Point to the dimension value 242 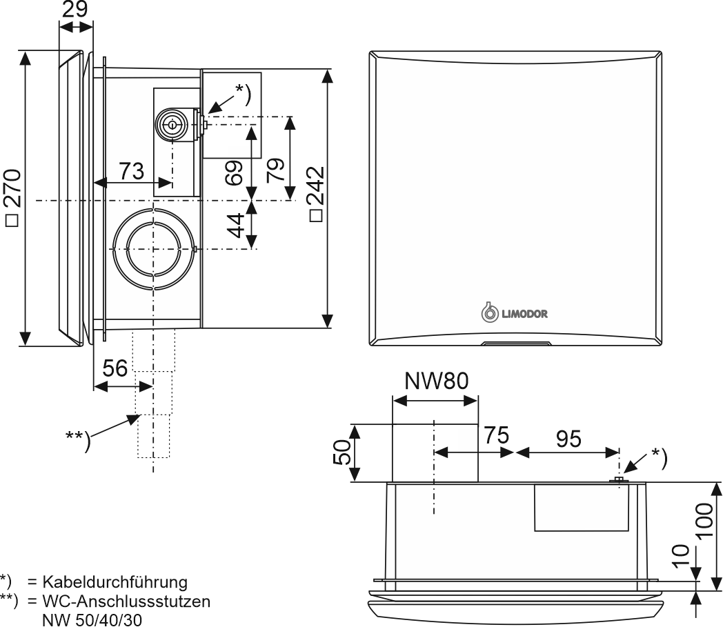315,194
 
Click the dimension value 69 235,173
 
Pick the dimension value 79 276,169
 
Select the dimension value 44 235,226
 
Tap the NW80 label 435,381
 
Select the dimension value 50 343,453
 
